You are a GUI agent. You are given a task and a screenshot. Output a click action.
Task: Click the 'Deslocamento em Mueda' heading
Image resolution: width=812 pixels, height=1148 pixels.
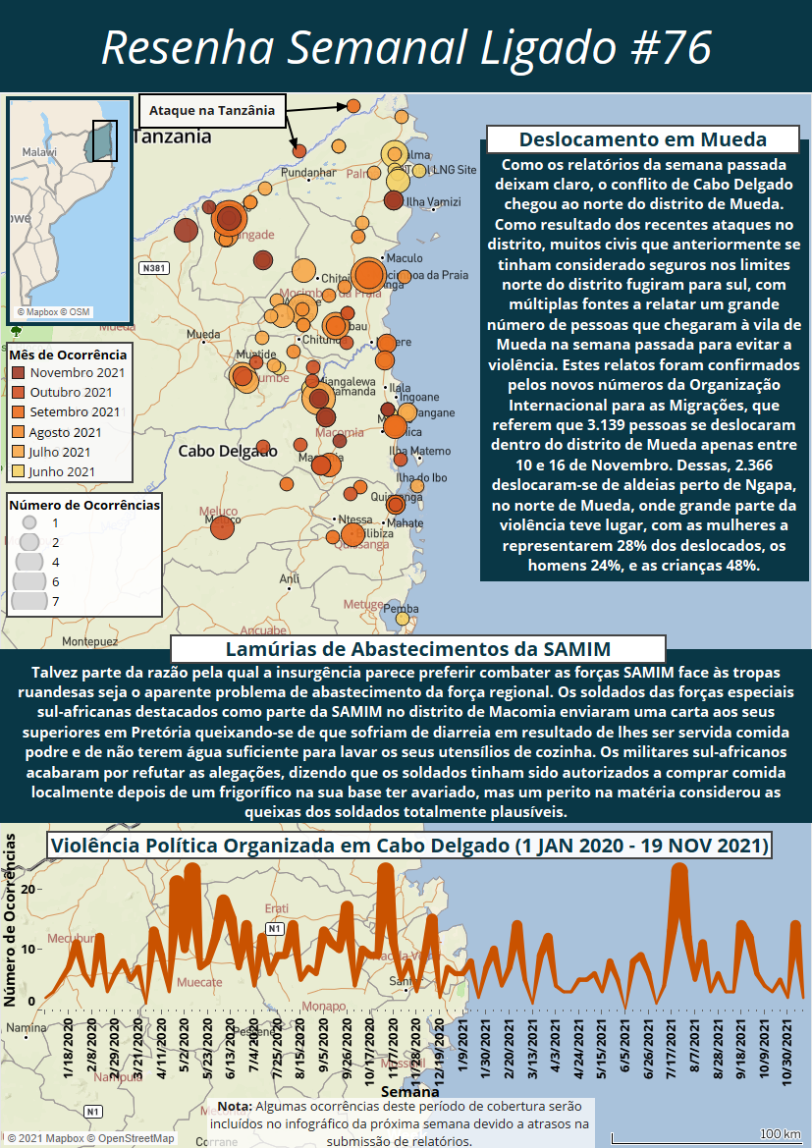coord(643,139)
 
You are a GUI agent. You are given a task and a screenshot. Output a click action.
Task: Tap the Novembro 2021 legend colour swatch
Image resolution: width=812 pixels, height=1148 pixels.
coord(19,373)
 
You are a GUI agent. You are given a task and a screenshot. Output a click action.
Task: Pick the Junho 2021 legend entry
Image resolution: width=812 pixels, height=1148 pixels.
coord(63,471)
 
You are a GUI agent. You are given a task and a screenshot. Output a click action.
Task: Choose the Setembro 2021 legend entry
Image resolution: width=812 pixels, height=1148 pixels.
coord(75,412)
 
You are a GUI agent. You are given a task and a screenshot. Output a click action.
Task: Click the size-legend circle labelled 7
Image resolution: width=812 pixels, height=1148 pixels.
coord(29,601)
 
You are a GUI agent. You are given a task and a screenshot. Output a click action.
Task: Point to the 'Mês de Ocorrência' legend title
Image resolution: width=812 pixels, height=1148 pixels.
coord(68,355)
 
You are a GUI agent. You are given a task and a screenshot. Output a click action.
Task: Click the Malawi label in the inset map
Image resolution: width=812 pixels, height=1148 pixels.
coord(40,153)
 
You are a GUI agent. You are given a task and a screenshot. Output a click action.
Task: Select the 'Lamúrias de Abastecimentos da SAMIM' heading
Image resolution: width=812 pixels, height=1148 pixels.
coord(418,649)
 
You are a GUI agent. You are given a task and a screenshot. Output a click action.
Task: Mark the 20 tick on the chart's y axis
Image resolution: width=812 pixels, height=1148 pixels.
coord(28,888)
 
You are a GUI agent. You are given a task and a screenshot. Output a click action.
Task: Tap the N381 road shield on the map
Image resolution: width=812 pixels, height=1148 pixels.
coord(153,268)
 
